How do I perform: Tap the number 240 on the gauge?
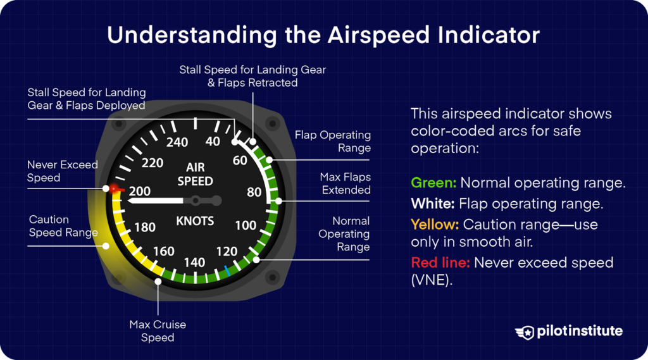[177, 142]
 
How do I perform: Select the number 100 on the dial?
[246, 225]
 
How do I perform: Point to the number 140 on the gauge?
[194, 262]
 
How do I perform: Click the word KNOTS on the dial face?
[195, 221]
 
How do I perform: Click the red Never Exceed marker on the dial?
[115, 189]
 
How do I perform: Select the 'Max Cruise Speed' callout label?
[158, 331]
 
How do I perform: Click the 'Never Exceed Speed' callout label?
[62, 171]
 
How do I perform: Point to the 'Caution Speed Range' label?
[63, 226]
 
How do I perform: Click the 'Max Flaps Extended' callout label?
[345, 183]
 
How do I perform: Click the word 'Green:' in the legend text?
[433, 183]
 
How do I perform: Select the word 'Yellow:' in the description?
[435, 225]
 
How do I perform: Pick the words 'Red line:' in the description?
[439, 263]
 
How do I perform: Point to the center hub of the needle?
[197, 201]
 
